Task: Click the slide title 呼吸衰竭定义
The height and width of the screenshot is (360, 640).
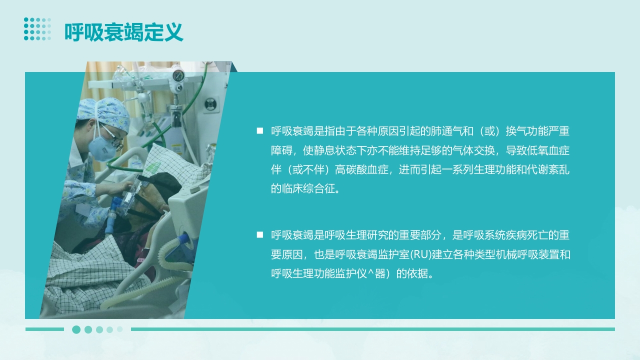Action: (x=123, y=32)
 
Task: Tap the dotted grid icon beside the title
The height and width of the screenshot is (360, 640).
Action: (x=37, y=29)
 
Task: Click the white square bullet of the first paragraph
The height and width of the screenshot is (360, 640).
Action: (x=259, y=131)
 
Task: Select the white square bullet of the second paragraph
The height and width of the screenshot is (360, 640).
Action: (x=259, y=235)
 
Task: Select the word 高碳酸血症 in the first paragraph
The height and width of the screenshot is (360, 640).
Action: (x=361, y=169)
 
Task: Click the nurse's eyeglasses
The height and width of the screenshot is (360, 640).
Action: (x=112, y=137)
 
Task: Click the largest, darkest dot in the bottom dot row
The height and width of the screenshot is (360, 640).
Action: (x=76, y=329)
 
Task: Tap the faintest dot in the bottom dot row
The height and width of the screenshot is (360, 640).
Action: (x=120, y=329)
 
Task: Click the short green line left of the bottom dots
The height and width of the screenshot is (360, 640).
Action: (x=44, y=329)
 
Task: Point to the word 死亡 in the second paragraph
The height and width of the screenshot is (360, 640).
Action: (x=537, y=235)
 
